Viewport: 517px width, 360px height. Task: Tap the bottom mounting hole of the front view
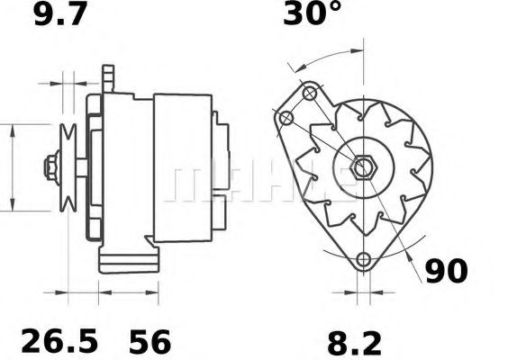[364, 261]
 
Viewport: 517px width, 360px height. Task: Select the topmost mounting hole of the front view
[310, 93]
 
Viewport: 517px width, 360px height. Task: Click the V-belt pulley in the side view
[68, 167]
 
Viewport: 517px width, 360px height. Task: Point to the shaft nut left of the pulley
[50, 167]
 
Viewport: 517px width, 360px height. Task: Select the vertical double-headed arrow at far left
[11, 167]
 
